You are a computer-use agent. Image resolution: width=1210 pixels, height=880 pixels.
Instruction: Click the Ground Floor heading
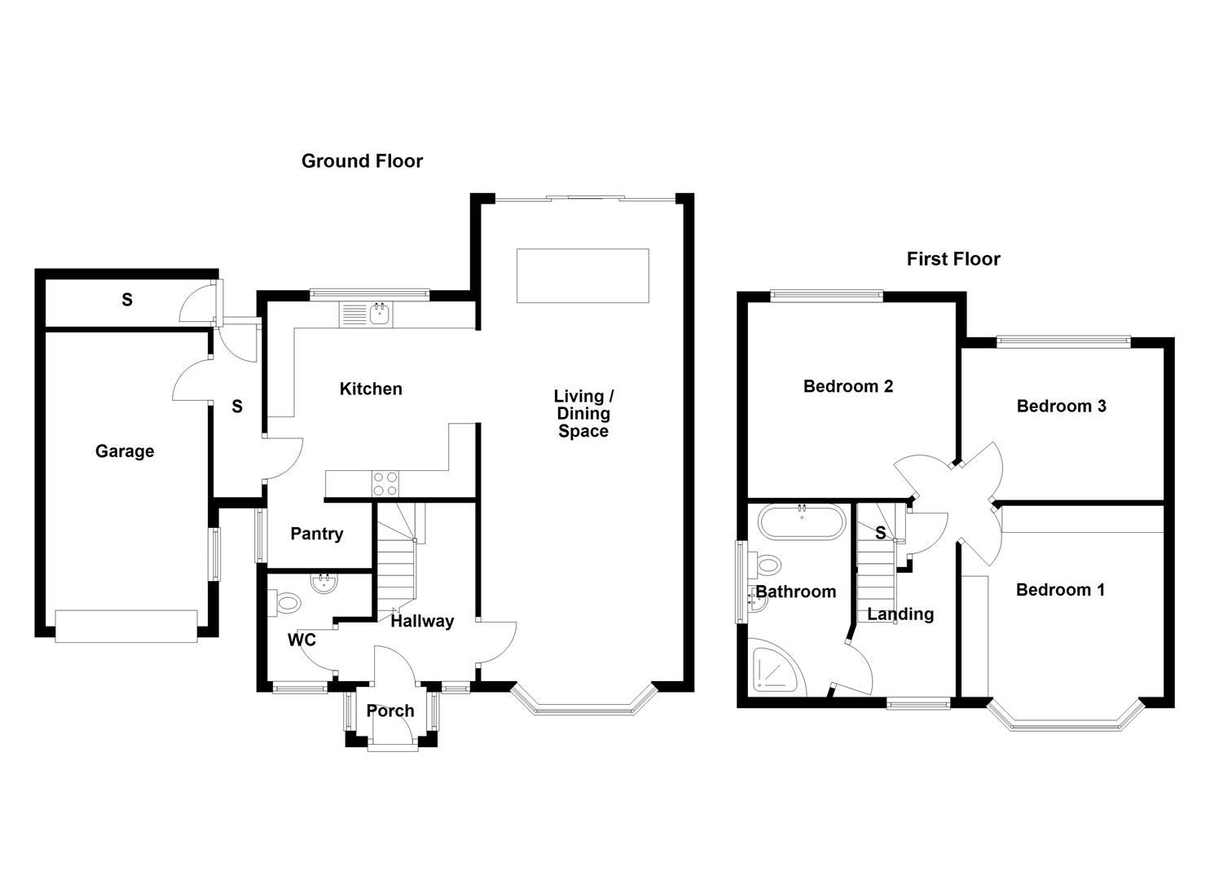(x=362, y=161)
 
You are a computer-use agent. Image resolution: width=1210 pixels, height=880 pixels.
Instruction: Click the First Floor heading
(x=953, y=259)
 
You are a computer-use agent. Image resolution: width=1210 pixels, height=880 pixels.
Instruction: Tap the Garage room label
(x=125, y=451)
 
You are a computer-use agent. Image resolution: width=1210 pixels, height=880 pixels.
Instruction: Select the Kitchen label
(x=371, y=389)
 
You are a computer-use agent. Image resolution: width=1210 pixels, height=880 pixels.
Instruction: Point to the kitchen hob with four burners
(x=385, y=484)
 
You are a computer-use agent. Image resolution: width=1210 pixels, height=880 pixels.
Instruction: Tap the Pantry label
(x=317, y=534)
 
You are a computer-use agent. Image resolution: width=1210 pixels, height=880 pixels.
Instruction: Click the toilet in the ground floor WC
(x=286, y=604)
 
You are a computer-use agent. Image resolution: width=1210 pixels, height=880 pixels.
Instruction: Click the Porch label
(x=390, y=711)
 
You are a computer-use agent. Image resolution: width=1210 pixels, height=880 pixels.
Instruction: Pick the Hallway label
(x=422, y=621)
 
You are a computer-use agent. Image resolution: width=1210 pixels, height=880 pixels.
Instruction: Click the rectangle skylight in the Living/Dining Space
(x=583, y=276)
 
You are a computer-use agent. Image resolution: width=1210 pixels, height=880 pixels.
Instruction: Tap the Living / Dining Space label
(x=583, y=414)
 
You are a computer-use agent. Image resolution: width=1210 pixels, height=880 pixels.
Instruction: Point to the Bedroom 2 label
(x=847, y=386)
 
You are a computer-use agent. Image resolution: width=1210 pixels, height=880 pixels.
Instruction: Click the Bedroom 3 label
(x=1061, y=406)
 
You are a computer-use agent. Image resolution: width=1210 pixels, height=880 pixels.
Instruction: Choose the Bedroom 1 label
(x=1060, y=590)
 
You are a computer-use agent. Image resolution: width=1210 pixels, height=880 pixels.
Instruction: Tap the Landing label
(x=900, y=614)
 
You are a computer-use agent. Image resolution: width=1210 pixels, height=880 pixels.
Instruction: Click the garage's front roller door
(x=126, y=626)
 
